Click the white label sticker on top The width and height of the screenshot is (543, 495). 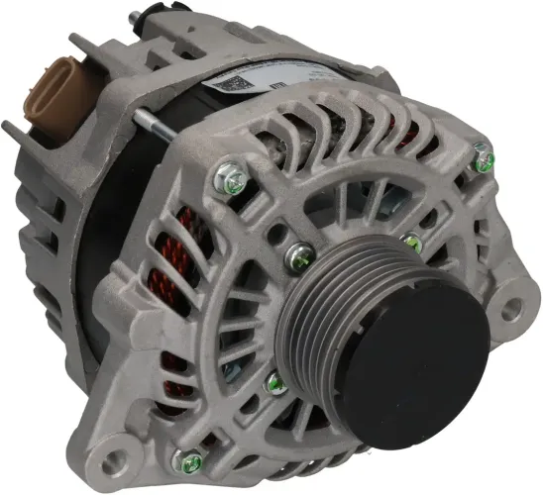(x=260, y=81)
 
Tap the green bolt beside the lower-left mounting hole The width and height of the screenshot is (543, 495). (x=185, y=458)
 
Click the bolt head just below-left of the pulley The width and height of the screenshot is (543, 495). (x=275, y=383)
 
